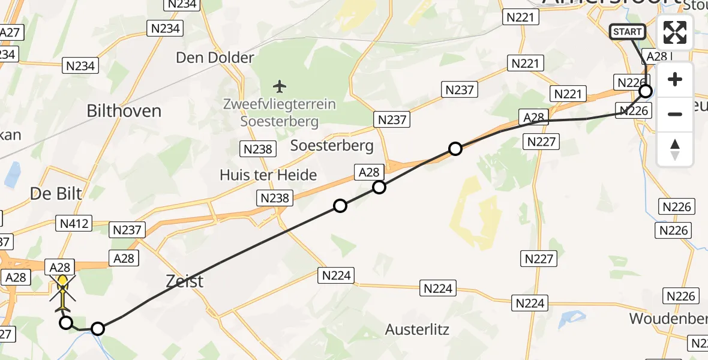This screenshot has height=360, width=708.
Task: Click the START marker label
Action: (628, 32)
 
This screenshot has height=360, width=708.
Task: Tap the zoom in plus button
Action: (675, 80)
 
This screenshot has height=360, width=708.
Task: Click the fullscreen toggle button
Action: (675, 32)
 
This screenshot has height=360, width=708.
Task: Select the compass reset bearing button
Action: (675, 149)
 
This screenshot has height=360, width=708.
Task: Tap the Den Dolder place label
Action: (215, 58)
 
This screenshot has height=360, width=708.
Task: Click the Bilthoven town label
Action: (124, 111)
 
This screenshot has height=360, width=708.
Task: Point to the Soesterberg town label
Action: (332, 145)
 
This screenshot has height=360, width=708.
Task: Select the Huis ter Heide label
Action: (268, 175)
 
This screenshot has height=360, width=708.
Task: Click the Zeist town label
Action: (185, 281)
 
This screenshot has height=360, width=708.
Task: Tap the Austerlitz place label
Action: (418, 329)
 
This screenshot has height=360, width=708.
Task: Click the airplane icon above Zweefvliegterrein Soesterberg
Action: (280, 86)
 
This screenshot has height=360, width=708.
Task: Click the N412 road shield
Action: (74, 224)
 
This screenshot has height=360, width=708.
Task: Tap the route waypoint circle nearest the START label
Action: (646, 91)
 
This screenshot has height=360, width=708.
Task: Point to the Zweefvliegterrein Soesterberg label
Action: (280, 112)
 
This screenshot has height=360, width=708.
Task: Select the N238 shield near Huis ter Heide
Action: (274, 198)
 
